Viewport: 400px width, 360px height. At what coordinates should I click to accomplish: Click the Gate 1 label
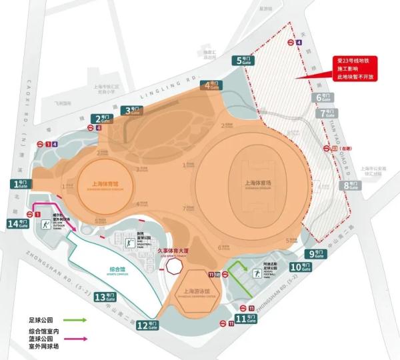click(x=19, y=183)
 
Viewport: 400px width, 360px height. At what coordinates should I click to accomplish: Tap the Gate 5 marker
click(x=245, y=60)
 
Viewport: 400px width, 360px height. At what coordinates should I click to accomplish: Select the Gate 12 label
click(x=147, y=325)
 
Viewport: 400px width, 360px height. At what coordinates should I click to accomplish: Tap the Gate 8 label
click(x=349, y=185)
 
